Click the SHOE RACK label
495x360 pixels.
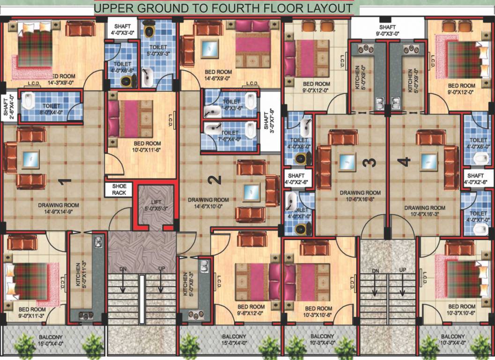[x=119, y=189]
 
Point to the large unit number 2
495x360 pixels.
[x=214, y=179]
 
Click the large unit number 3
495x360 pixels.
[x=371, y=162]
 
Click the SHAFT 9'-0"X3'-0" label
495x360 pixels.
[x=387, y=30]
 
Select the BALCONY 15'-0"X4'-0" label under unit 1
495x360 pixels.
[x=51, y=339]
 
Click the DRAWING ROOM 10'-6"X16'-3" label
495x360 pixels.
[x=425, y=210]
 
